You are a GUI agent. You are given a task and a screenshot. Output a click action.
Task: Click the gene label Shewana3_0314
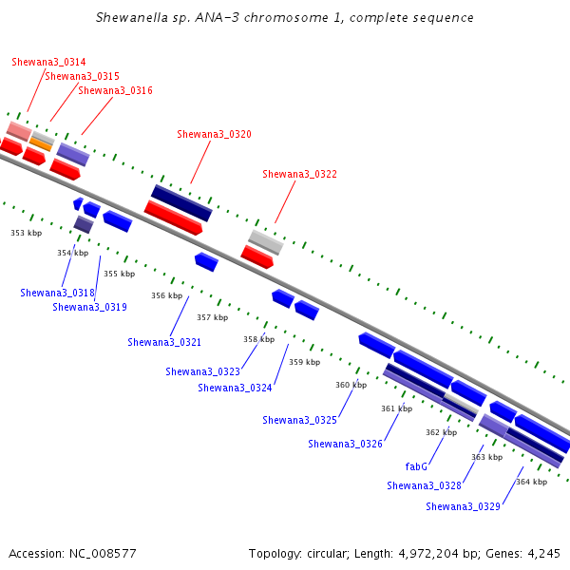48,62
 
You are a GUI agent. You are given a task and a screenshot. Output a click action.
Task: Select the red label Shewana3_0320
214,135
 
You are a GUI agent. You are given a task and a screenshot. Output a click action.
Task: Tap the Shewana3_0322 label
299,175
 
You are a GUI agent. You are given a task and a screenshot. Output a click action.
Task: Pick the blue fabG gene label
416,466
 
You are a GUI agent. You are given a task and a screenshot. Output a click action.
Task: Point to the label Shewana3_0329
463,506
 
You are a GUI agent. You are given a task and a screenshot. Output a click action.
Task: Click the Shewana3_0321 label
164,342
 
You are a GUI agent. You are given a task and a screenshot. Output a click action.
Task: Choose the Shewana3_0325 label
299,420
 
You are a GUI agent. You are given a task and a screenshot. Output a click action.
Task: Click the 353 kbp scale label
27,233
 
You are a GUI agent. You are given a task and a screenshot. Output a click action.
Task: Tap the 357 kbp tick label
212,317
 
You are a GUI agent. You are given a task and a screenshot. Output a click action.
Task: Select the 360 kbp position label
351,385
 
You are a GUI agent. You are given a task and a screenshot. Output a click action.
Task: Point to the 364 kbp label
531,482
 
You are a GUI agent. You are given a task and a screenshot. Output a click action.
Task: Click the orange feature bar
41,144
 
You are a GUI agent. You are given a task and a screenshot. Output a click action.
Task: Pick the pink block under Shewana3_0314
19,131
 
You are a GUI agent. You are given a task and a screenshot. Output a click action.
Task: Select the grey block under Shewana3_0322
266,242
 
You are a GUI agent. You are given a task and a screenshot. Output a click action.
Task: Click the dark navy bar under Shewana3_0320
181,203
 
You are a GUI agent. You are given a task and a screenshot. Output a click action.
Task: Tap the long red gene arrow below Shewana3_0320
173,218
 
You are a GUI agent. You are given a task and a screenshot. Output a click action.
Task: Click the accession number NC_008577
103,554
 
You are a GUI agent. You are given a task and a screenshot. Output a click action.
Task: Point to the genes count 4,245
543,554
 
